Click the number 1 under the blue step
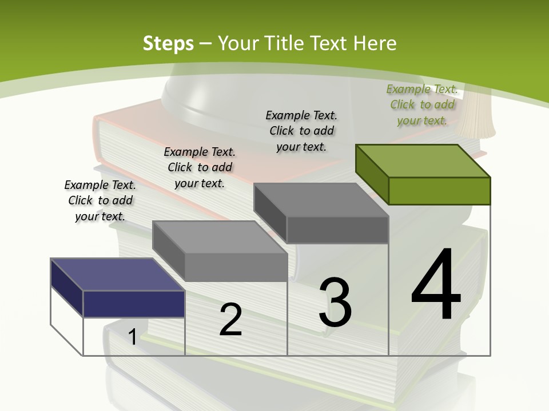pyautogui.click(x=132, y=337)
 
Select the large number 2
pyautogui.click(x=230, y=320)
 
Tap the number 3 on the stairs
pyautogui.click(x=335, y=303)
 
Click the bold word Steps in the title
pyautogui.click(x=168, y=43)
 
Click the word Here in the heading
pyautogui.click(x=376, y=43)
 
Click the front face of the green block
pyautogui.click(x=439, y=191)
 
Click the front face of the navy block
pyautogui.click(x=134, y=304)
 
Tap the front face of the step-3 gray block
pyautogui.click(x=337, y=230)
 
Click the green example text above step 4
pyautogui.click(x=422, y=104)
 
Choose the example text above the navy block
pyautogui.click(x=100, y=200)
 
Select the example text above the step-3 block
pyautogui.click(x=301, y=131)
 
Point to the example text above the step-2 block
pyautogui.click(x=200, y=167)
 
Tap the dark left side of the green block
pyautogui.click(x=372, y=174)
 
